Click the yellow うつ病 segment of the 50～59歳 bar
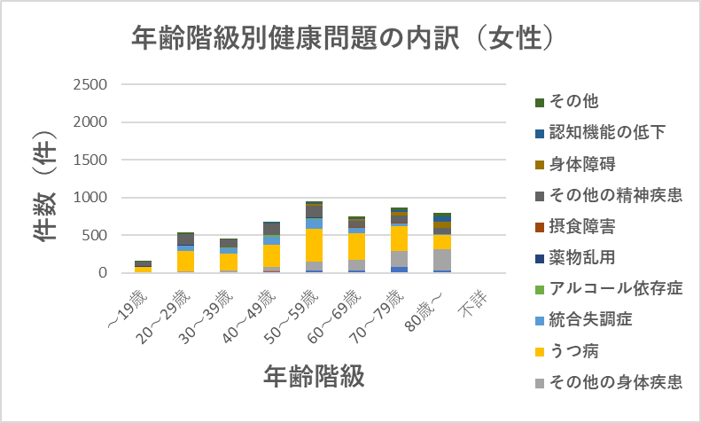point(315,245)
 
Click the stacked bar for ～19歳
point(142,267)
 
